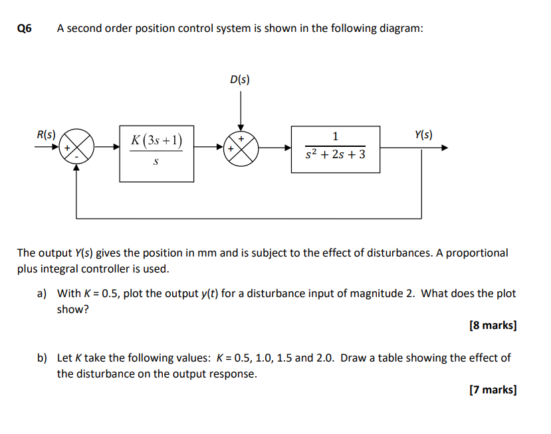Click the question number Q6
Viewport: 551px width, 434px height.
24,29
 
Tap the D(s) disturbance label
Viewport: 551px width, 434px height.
240,80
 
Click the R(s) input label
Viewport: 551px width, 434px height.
46,134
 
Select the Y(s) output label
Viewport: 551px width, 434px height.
423,134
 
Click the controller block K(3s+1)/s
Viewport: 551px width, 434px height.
157,153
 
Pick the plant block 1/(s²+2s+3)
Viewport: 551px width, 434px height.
336,149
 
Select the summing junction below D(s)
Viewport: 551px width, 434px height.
241,148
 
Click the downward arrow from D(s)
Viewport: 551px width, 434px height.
241,126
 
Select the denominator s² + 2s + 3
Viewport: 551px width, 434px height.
335,157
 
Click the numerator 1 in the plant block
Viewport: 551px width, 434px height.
335,137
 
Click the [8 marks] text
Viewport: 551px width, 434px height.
493,326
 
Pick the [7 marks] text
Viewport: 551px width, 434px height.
493,390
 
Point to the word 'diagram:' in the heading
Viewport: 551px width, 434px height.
401,29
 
